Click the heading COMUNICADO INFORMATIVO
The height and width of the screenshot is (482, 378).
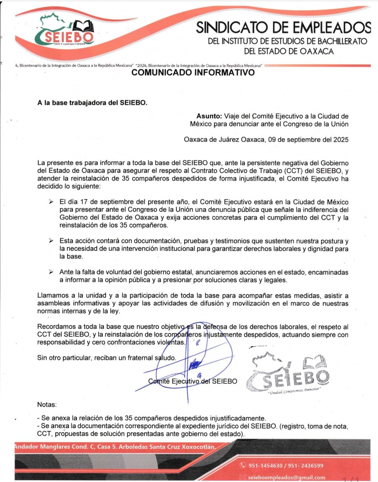(x=193, y=73)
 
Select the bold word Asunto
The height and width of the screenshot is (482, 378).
(x=209, y=116)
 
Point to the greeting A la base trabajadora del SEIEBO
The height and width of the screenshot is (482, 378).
(x=92, y=103)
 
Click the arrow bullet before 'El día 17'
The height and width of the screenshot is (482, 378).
(x=51, y=202)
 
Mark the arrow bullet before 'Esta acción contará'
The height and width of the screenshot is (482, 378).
(x=51, y=241)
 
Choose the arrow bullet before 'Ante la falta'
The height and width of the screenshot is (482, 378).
(x=51, y=272)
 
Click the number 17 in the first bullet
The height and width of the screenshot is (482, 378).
(x=84, y=202)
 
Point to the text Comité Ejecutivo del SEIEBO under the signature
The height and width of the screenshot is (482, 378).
(x=192, y=381)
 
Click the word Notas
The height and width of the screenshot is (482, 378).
(x=47, y=405)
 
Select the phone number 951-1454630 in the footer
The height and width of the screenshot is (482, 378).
(x=265, y=466)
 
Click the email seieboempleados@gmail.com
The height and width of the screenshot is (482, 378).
(x=286, y=477)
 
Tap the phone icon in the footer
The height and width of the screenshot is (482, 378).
(x=243, y=466)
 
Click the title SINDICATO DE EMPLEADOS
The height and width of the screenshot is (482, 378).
(x=283, y=27)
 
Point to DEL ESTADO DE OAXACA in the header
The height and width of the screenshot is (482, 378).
(x=289, y=51)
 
